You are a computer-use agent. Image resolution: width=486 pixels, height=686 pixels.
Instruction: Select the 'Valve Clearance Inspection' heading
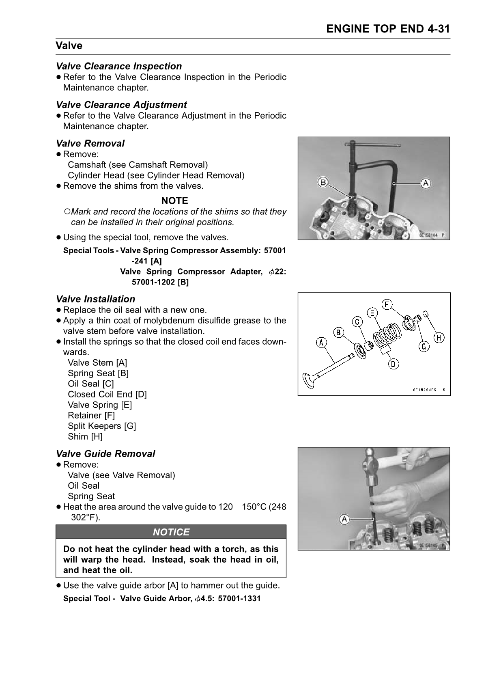click(x=119, y=66)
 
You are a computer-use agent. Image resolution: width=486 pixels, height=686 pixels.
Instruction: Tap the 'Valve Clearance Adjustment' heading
click(x=121, y=105)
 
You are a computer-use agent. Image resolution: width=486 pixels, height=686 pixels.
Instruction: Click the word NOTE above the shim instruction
click(x=175, y=201)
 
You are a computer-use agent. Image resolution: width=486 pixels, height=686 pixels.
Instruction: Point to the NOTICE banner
click(x=171, y=532)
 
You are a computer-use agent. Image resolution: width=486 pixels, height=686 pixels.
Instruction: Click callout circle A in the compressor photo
click(x=426, y=183)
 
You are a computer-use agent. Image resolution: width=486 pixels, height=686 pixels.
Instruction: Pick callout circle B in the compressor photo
click(x=323, y=183)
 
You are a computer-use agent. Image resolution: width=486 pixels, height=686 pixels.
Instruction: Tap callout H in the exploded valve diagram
click(x=439, y=337)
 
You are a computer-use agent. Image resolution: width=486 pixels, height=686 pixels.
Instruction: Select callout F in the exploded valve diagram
click(x=387, y=304)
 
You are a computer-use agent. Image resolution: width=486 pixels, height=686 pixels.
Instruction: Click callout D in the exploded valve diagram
click(x=393, y=364)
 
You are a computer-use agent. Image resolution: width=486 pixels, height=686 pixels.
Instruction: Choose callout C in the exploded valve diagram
click(x=357, y=321)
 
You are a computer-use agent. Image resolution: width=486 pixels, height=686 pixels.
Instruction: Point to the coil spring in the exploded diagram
click(x=387, y=334)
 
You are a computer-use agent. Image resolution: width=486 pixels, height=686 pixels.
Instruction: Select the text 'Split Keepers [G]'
click(x=102, y=426)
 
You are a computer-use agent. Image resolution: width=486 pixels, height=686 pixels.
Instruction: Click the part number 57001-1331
click(x=239, y=598)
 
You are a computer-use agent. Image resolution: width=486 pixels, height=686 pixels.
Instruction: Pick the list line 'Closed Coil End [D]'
click(x=107, y=394)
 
